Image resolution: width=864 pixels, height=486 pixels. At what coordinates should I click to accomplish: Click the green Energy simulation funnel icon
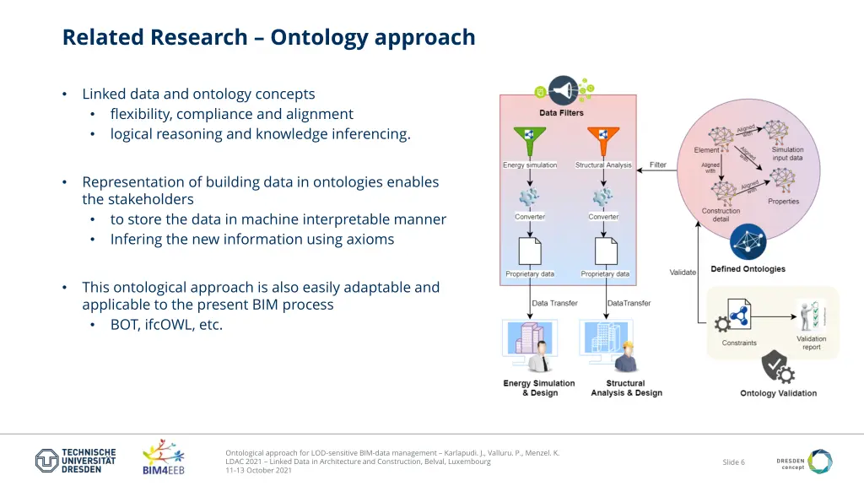(529, 140)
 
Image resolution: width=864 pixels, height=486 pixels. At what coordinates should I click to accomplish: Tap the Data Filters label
(561, 113)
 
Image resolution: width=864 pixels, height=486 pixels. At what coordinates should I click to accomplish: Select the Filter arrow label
(658, 165)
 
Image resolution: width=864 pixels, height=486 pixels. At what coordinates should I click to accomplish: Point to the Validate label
(683, 273)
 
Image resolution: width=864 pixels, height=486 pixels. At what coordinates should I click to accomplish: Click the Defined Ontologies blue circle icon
(748, 242)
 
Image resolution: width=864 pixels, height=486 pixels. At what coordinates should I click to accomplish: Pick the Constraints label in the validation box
(739, 343)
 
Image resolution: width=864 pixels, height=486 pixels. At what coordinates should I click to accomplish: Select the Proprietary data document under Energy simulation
(529, 251)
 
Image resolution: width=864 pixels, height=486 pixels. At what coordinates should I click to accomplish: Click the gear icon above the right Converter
(602, 197)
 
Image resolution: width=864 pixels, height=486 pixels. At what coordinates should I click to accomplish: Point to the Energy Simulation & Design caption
(538, 388)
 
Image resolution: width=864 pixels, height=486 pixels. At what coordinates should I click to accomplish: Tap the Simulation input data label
(786, 154)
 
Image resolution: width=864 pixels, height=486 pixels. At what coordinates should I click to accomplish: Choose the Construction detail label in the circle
(721, 215)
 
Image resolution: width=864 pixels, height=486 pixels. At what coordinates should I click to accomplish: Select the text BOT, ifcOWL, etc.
(166, 324)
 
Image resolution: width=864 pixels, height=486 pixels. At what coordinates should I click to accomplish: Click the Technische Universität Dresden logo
(75, 461)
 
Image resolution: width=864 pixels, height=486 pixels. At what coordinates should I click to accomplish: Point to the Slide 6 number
(733, 462)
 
